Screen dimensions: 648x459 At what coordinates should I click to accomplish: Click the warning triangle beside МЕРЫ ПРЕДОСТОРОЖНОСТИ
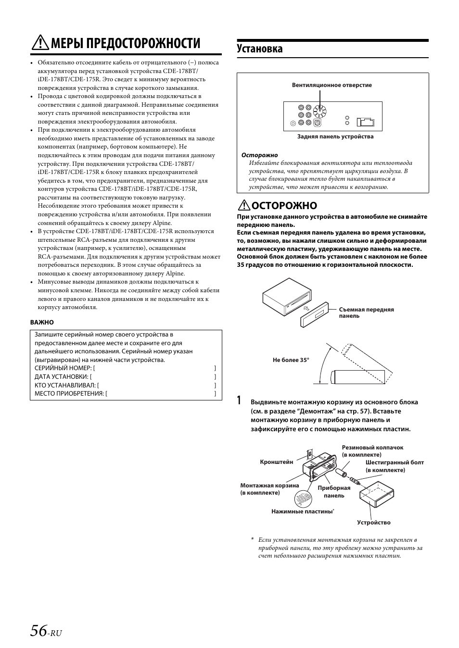pyautogui.click(x=39, y=44)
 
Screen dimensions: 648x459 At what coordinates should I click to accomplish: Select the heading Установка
pyautogui.click(x=260, y=49)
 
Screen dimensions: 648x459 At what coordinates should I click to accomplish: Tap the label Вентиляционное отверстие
pyautogui.click(x=331, y=85)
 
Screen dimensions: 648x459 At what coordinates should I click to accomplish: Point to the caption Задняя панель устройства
pyautogui.click(x=335, y=137)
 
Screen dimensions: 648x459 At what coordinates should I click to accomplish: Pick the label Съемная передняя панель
pyautogui.click(x=366, y=312)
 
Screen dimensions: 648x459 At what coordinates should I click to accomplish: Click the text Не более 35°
pyautogui.click(x=291, y=360)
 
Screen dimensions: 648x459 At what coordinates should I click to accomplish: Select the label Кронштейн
pyautogui.click(x=276, y=462)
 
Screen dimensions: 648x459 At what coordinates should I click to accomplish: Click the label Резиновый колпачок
pyautogui.click(x=372, y=448)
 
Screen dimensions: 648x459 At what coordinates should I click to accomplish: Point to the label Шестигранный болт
pyautogui.click(x=394, y=462)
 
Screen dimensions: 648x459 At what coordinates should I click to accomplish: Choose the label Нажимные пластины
pyautogui.click(x=302, y=511)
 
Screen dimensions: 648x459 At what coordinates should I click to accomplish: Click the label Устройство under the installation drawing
pyautogui.click(x=373, y=523)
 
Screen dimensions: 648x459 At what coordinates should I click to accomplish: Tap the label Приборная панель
pyautogui.click(x=334, y=491)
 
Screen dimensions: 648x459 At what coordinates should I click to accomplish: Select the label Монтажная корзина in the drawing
pyautogui.click(x=269, y=486)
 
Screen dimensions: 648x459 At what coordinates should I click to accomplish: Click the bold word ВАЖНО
pyautogui.click(x=42, y=322)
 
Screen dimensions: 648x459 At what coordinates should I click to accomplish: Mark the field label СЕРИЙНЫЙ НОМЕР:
pyautogui.click(x=63, y=368)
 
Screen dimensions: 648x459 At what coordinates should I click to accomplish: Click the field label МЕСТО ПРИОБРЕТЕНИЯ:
pyautogui.click(x=69, y=394)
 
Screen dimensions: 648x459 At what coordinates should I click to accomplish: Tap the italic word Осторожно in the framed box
pyautogui.click(x=259, y=155)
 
